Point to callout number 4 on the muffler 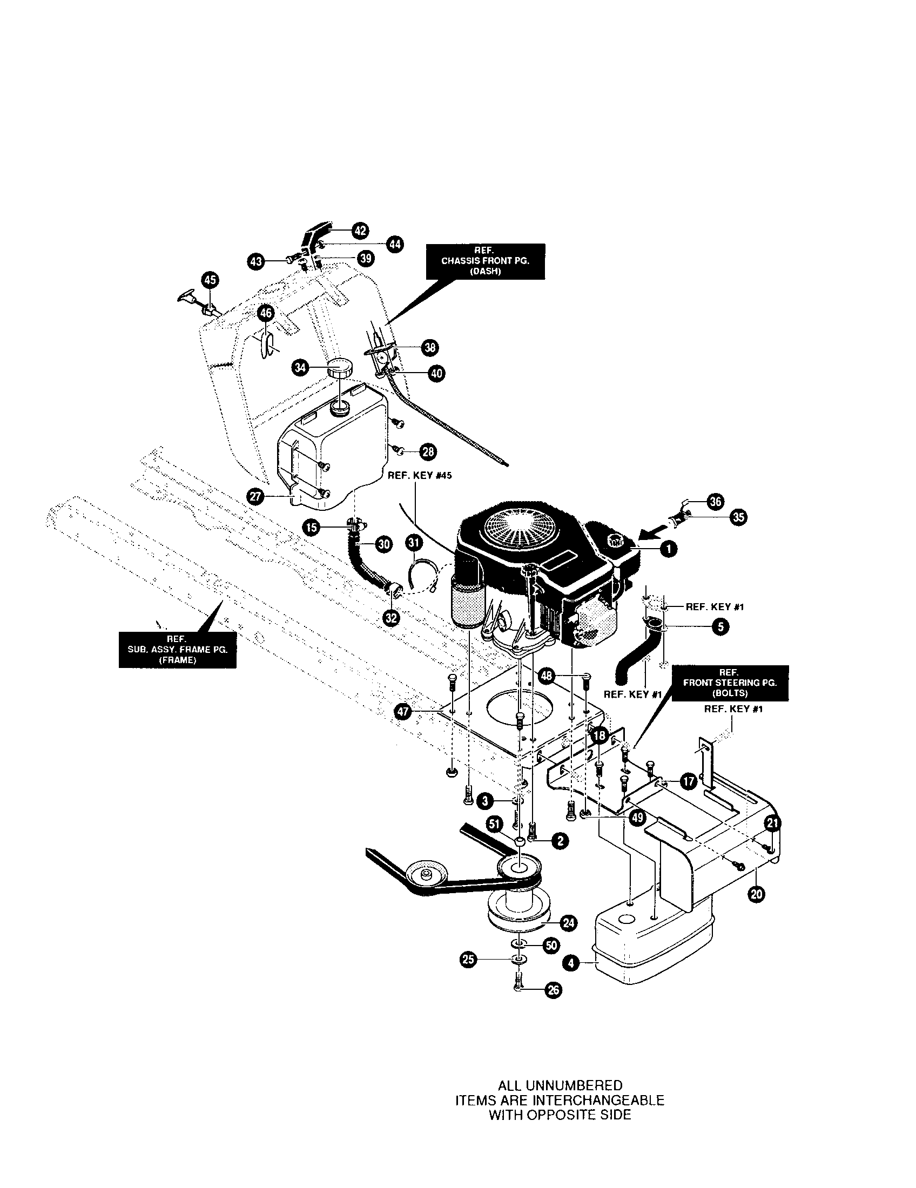(570, 963)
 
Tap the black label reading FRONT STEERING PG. (729, 683)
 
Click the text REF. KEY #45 (419, 475)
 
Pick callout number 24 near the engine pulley (569, 922)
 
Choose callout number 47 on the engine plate (402, 713)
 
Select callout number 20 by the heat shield (756, 894)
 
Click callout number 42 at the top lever (360, 230)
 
